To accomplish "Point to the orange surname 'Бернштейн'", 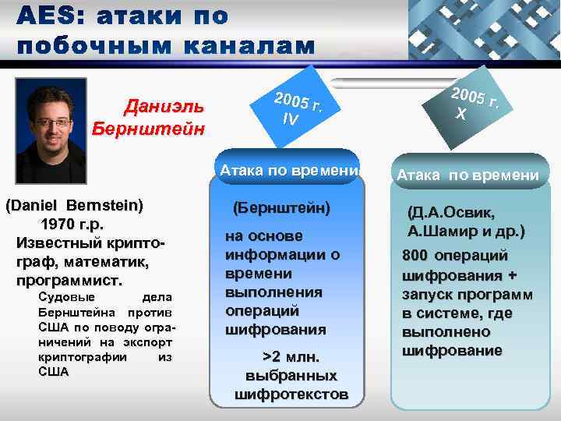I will point(149,127).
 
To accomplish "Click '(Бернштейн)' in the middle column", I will point(281,208).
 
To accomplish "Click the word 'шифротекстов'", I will point(291,394).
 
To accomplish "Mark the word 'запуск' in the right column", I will point(424,295).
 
